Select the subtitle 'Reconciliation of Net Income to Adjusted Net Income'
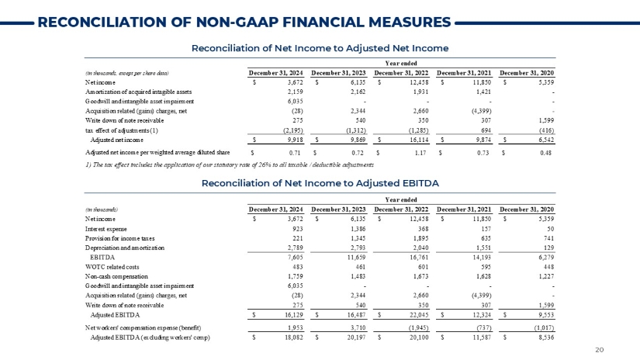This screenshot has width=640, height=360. coord(320,49)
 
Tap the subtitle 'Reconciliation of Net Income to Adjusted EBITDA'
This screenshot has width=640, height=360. coord(320,182)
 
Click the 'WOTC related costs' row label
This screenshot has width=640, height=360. coord(107,264)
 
